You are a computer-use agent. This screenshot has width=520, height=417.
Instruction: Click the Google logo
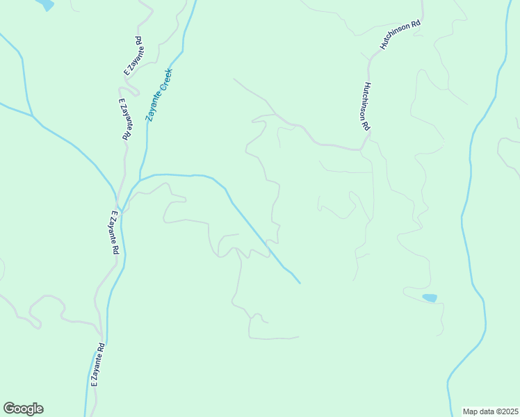pyautogui.click(x=23, y=409)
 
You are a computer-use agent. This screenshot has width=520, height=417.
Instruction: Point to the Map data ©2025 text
pyautogui.click(x=490, y=411)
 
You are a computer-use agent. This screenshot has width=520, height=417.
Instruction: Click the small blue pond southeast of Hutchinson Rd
pyautogui.click(x=430, y=298)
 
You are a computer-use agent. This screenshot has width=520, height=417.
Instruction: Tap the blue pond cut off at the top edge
pyautogui.click(x=44, y=4)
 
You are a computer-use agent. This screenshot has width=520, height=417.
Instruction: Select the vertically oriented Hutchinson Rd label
pyautogui.click(x=365, y=107)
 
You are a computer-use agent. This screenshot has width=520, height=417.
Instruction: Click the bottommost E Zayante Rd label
pyautogui.click(x=97, y=364)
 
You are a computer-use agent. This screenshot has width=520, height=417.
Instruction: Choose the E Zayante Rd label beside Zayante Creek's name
pyautogui.click(x=124, y=119)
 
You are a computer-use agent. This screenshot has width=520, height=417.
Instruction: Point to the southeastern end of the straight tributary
pyautogui.click(x=300, y=283)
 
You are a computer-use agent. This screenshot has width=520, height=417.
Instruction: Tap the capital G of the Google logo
pyautogui.click(x=9, y=408)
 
